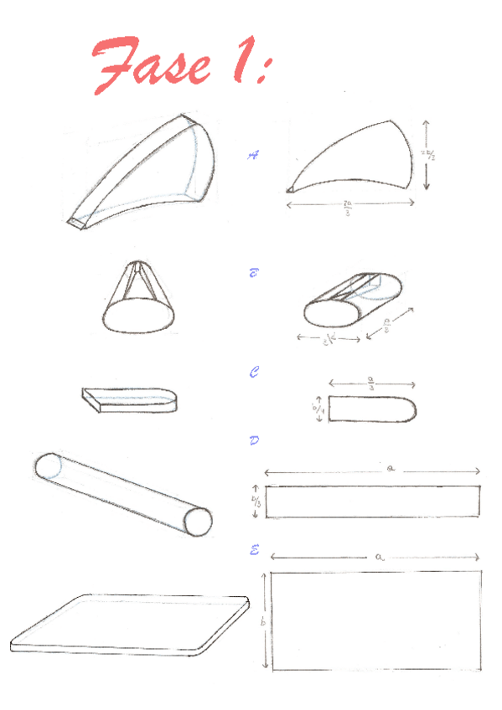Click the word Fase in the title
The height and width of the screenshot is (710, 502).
pyautogui.click(x=151, y=64)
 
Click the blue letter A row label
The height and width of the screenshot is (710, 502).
pyautogui.click(x=254, y=154)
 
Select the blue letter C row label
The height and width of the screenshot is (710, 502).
pyautogui.click(x=254, y=373)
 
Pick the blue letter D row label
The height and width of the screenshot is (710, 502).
pyautogui.click(x=254, y=440)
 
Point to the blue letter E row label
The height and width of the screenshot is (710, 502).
pyautogui.click(x=254, y=549)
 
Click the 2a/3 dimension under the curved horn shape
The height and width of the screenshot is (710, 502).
pyautogui.click(x=347, y=208)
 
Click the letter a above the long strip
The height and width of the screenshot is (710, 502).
pyautogui.click(x=391, y=470)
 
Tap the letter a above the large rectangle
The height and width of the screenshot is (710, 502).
pyautogui.click(x=380, y=555)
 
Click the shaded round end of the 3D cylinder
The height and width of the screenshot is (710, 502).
pyautogui.click(x=198, y=521)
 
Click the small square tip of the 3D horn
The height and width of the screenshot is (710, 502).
pyautogui.click(x=77, y=223)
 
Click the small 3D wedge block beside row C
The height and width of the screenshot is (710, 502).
pyautogui.click(x=130, y=399)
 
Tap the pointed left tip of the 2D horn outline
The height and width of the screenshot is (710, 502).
pyautogui.click(x=290, y=191)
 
